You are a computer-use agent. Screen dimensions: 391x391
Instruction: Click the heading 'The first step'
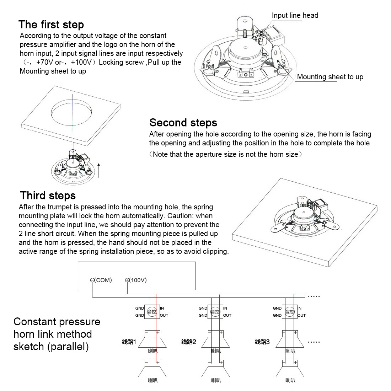pos(51,25)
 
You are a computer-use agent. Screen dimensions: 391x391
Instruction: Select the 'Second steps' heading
pos(183,123)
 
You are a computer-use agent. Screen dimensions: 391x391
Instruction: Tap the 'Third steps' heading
pos(48,195)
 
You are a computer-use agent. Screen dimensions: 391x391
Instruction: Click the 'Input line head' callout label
pos(295,15)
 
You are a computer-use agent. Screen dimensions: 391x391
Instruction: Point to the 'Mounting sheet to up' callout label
pos(330,77)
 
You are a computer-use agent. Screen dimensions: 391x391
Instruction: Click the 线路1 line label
pos(129,342)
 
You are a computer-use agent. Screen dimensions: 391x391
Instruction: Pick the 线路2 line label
pos(189,342)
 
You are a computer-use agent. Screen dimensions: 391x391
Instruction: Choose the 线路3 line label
pos(262,342)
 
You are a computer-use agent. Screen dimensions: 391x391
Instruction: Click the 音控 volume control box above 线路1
pos(152,312)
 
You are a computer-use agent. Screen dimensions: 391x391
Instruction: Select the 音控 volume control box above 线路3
pos(290,312)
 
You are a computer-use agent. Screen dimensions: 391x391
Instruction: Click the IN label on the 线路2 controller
pos(225,308)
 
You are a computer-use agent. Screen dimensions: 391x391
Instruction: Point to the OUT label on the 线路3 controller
pos(301,315)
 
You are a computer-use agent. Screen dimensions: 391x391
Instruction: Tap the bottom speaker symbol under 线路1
pos(152,370)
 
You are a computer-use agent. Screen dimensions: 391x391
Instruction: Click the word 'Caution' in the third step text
pos(181,216)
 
